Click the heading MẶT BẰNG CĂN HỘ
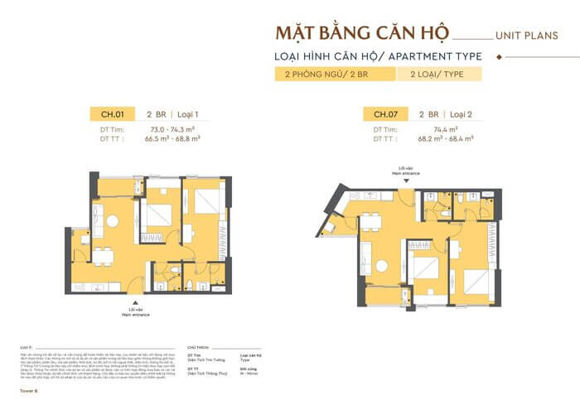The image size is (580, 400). tap(362, 35)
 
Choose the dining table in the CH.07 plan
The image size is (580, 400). tap(370, 219)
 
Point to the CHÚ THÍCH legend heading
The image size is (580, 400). tap(199, 348)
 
